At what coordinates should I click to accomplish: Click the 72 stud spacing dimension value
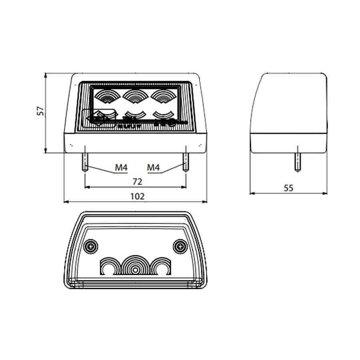tap(137, 182)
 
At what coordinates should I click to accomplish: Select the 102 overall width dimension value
tap(137, 196)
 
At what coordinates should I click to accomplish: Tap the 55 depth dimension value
tap(288, 188)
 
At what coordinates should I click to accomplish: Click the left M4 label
tap(121, 168)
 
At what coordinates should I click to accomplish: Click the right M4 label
tap(153, 168)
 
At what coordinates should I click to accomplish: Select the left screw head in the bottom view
tap(92, 246)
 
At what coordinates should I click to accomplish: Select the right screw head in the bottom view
tap(180, 246)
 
